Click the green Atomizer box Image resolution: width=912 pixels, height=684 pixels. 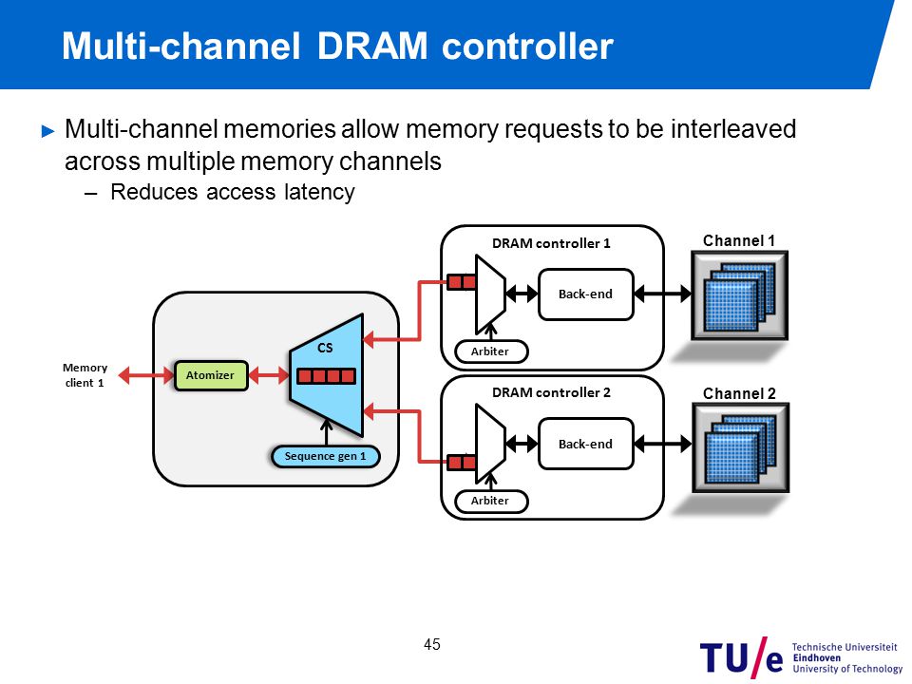click(211, 375)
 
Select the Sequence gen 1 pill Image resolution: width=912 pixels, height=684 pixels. click(326, 456)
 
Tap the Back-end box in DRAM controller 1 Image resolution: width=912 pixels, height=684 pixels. click(586, 294)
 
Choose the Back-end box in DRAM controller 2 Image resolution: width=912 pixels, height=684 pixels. click(586, 444)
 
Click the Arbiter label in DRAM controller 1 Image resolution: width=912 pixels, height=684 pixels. click(491, 351)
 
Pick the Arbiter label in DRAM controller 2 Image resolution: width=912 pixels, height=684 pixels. click(491, 501)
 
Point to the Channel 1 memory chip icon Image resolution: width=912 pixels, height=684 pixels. click(739, 295)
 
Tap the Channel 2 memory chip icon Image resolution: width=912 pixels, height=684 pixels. click(740, 448)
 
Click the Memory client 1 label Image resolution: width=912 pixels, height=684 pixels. click(85, 375)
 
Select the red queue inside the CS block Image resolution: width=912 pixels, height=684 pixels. click(326, 376)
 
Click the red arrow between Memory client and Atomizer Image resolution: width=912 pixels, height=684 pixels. click(146, 375)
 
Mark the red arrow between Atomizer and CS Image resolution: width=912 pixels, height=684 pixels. click(269, 375)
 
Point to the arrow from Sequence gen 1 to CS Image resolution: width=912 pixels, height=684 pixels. click(326, 433)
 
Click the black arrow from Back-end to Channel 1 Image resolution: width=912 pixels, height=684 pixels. click(662, 294)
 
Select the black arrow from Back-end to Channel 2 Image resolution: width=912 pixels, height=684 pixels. click(662, 444)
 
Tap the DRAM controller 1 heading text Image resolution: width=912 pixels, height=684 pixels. click(551, 243)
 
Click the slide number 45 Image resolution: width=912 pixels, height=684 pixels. click(432, 644)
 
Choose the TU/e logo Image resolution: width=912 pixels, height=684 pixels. click(801, 657)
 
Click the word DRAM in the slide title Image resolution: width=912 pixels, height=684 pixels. click(372, 46)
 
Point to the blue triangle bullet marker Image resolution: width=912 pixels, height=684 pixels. click(48, 131)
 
